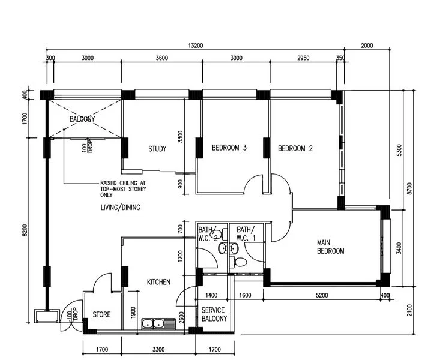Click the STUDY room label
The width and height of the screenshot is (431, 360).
point(157,149)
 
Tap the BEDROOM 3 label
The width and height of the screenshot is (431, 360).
point(229,148)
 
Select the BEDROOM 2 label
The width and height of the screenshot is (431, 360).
point(295,148)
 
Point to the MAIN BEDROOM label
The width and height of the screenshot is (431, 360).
point(330,247)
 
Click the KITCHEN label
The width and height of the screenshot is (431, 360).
point(158,282)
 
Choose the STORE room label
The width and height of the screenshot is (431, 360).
point(101,314)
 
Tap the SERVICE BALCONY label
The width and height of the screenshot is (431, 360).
point(214,314)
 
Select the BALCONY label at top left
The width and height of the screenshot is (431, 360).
point(82,119)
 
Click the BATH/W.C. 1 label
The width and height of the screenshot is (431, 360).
point(245,233)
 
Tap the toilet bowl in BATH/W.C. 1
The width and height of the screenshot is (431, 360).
point(241,261)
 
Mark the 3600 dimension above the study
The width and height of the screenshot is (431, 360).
point(161,58)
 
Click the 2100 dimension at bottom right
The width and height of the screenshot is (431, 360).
point(409,310)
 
